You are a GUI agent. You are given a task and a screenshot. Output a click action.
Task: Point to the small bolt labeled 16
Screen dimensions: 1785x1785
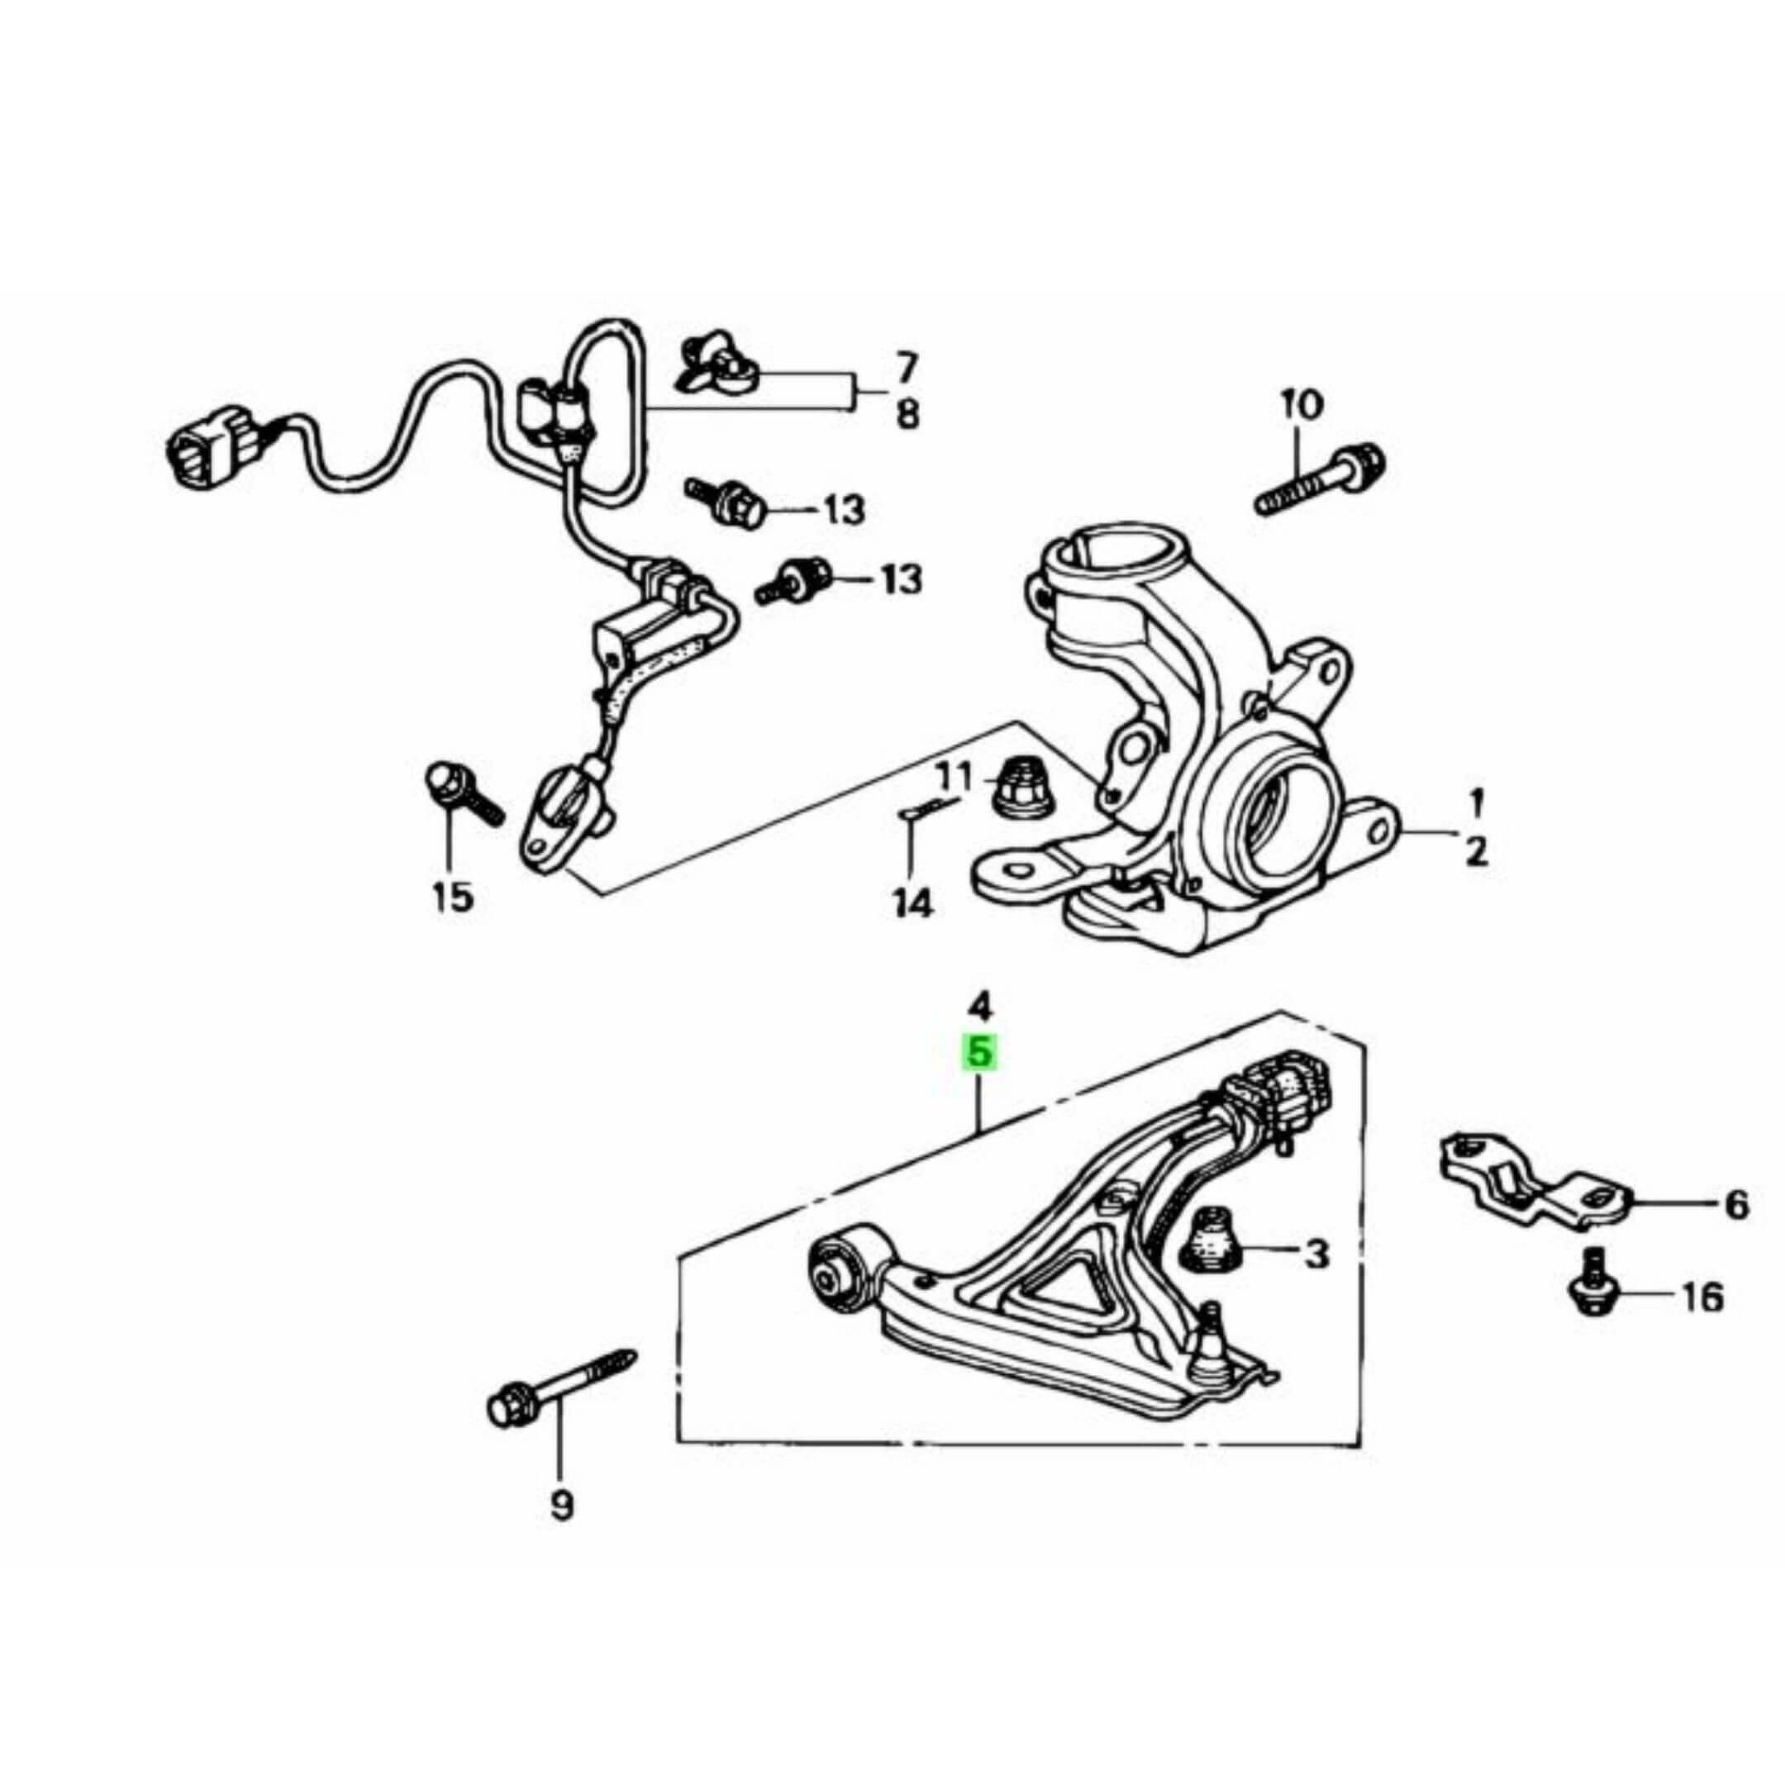1591,1285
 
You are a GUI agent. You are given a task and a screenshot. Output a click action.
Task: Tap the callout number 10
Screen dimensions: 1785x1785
1302,405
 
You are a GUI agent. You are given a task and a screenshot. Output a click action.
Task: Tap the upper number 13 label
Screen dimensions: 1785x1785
844,509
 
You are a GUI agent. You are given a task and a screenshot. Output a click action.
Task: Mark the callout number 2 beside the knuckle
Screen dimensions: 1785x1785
1477,851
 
